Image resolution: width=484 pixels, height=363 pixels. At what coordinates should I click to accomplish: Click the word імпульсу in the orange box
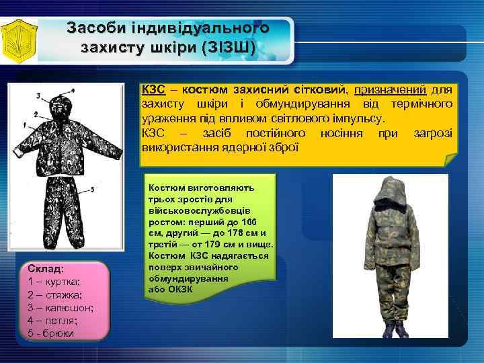357,118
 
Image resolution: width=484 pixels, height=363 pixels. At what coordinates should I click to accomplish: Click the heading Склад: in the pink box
46,268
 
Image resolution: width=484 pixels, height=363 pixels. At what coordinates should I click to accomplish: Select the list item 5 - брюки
51,333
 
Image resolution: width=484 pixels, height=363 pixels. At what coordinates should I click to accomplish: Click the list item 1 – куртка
54,282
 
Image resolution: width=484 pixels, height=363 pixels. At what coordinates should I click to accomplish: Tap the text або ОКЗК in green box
171,289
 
